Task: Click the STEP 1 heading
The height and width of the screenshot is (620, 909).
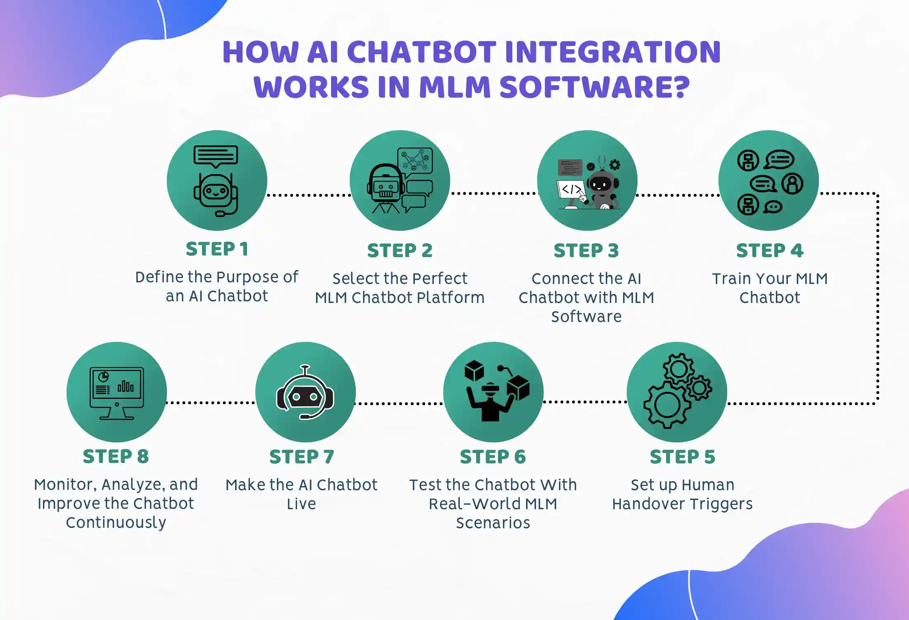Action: pyautogui.click(x=217, y=249)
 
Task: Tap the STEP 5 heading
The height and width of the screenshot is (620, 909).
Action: pyautogui.click(x=682, y=457)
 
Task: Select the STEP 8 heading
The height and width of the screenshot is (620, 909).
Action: pyautogui.click(x=116, y=456)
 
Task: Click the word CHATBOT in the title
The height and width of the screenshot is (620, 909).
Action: pyautogui.click(x=421, y=52)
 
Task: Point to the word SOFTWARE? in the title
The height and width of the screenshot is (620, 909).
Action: pyautogui.click(x=595, y=87)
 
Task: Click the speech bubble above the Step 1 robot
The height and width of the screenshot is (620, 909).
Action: pyautogui.click(x=216, y=156)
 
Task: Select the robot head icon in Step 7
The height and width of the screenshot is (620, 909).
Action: pyautogui.click(x=305, y=395)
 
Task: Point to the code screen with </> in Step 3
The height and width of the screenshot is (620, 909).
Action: pyautogui.click(x=571, y=190)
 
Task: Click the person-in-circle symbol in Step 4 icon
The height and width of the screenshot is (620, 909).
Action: pyautogui.click(x=792, y=184)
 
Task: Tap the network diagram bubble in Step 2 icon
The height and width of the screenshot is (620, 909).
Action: pyautogui.click(x=415, y=160)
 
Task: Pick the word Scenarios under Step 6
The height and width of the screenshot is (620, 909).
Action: pyautogui.click(x=493, y=523)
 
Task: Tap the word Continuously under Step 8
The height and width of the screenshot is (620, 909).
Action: pyautogui.click(x=116, y=522)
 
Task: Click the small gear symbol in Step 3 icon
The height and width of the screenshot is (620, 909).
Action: pyautogui.click(x=615, y=165)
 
